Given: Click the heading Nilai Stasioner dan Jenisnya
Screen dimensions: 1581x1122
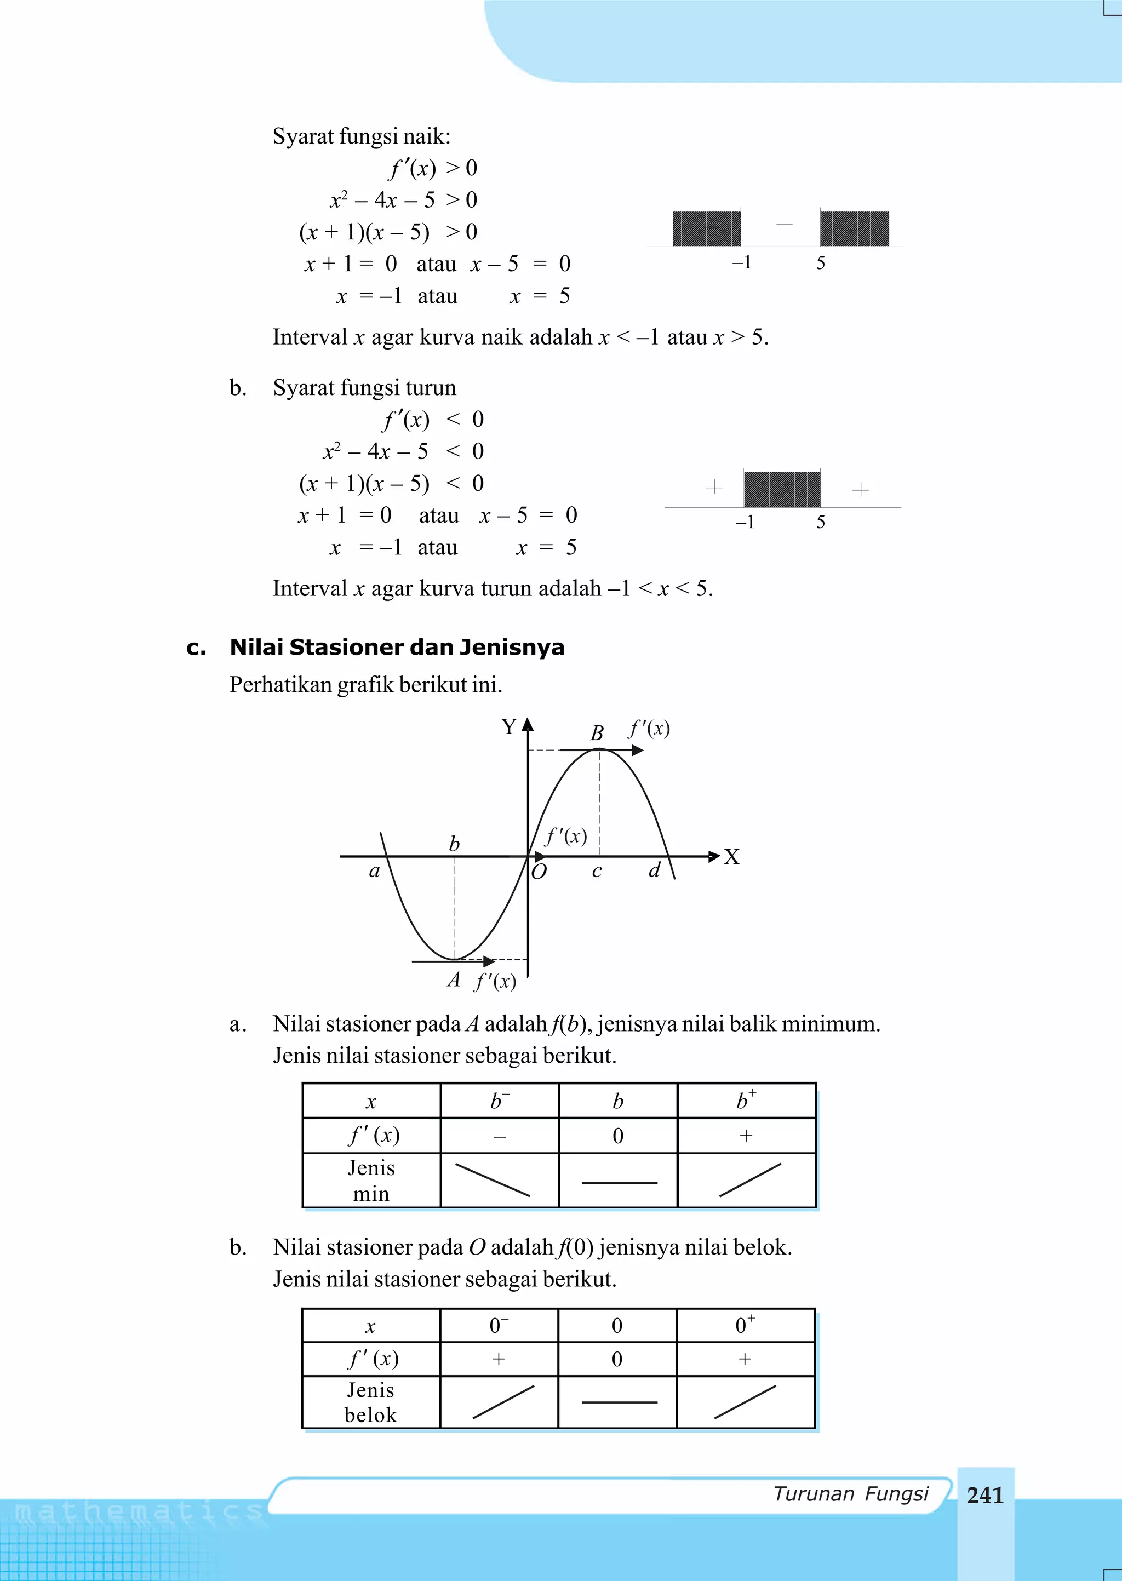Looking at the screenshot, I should (x=397, y=647).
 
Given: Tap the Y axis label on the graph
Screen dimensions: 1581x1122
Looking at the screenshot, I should (x=509, y=726).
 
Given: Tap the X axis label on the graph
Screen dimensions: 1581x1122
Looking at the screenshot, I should (x=731, y=857).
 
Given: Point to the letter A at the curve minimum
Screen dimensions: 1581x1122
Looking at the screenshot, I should (x=453, y=979).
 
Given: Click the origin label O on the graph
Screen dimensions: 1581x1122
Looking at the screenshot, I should (x=539, y=872).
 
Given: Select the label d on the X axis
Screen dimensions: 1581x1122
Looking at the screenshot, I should (x=654, y=870).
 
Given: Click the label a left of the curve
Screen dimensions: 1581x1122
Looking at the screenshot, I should (x=375, y=871).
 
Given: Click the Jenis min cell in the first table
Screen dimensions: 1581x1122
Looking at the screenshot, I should (x=371, y=1181).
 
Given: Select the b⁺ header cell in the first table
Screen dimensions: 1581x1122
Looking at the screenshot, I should (x=746, y=1100).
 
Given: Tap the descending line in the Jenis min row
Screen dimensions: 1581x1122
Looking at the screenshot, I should (x=493, y=1179).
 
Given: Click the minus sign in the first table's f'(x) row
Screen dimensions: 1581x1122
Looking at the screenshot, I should (x=500, y=1137).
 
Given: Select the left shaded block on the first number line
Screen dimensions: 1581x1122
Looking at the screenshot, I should (x=706, y=228).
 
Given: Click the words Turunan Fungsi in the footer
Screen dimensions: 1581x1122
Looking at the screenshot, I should (x=850, y=1493).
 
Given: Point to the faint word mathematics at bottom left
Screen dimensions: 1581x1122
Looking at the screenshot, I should (x=138, y=1513).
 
